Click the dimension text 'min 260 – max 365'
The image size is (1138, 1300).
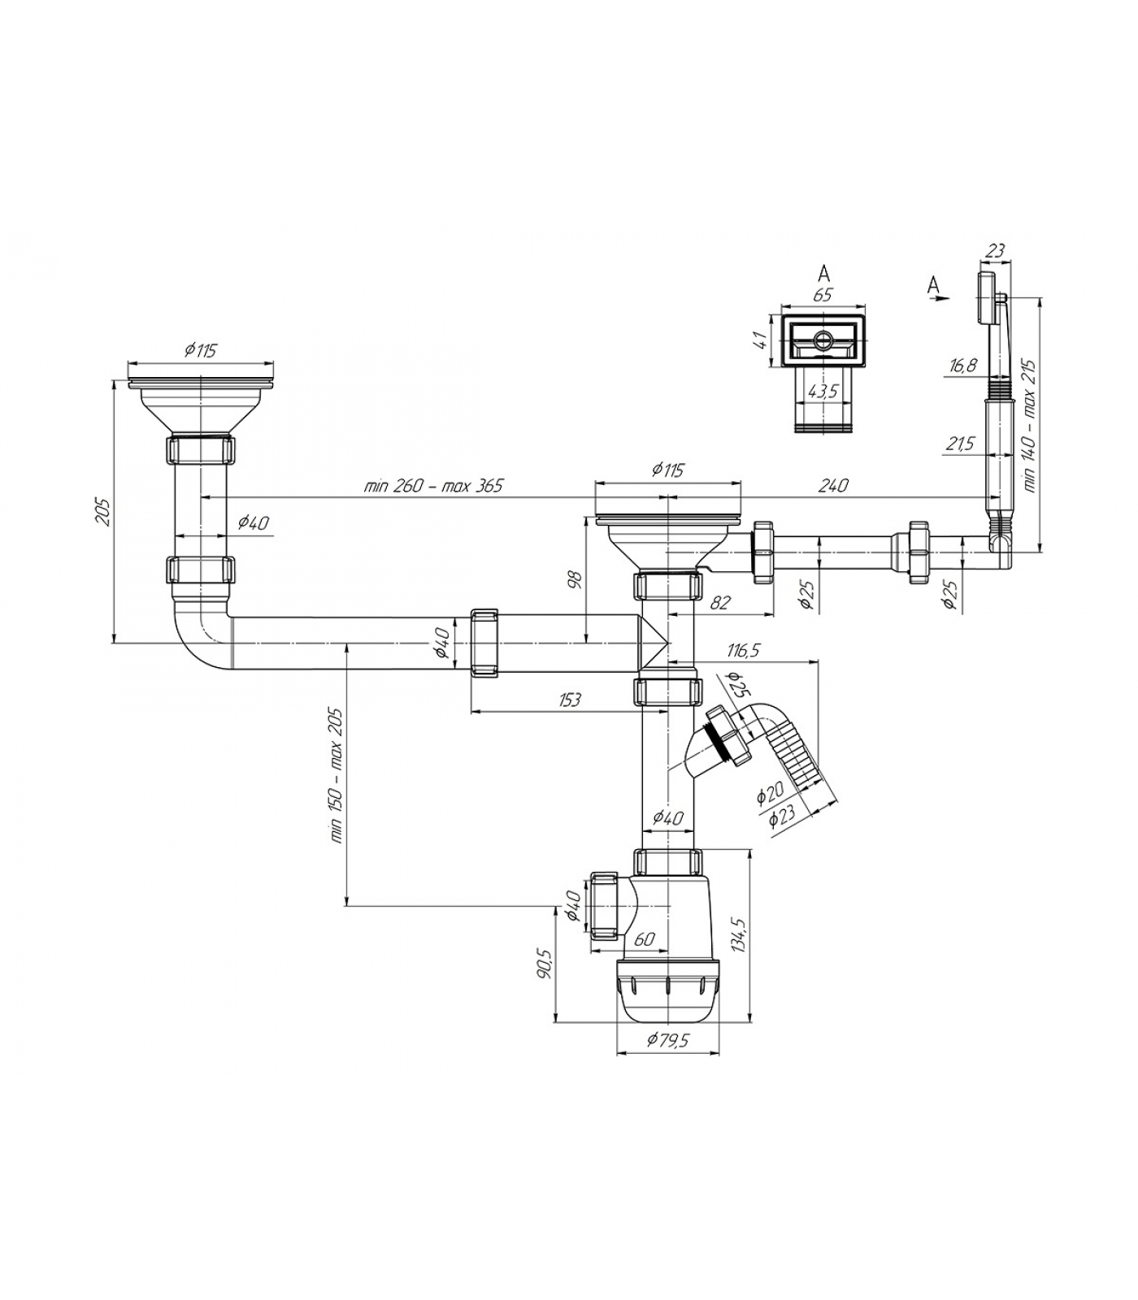tap(434, 486)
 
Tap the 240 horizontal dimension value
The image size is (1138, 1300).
tap(833, 485)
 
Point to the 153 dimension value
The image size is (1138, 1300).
tap(570, 700)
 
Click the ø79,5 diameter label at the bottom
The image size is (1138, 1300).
tap(667, 1040)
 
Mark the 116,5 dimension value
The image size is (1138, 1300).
tap(744, 650)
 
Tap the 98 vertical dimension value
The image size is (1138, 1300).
tap(575, 579)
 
